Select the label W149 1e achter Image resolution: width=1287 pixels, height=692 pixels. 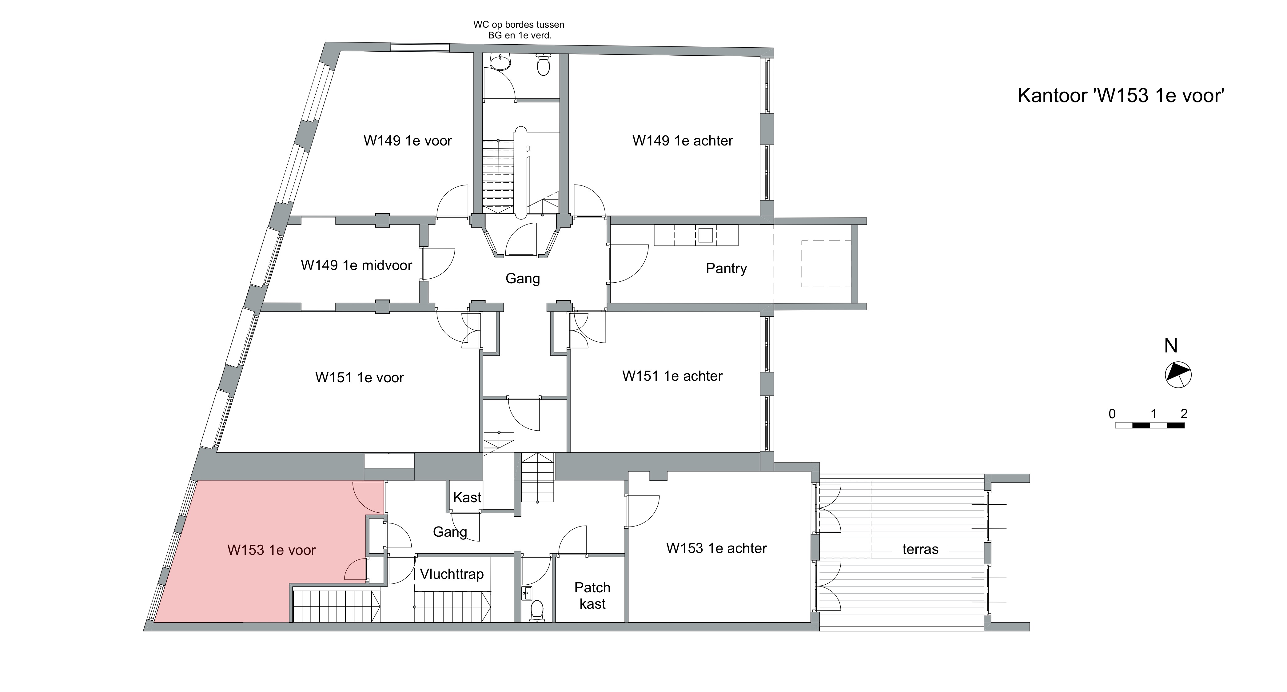tap(683, 141)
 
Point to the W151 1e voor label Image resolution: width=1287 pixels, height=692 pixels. tap(359, 378)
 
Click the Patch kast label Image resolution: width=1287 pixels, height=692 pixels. tap(592, 595)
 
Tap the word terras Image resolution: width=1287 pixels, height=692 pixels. tap(920, 550)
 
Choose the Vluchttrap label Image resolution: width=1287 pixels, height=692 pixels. tap(452, 574)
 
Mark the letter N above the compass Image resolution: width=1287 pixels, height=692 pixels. tap(1171, 346)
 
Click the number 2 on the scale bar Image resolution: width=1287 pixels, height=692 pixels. tap(1184, 414)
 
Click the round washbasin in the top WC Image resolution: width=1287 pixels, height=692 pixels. tap(500, 62)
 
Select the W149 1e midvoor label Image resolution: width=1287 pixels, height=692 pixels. tap(356, 265)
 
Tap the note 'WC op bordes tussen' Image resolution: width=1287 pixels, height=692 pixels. tap(519, 25)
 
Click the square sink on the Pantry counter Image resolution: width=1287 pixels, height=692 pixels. tap(705, 235)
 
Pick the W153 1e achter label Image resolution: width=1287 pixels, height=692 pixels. tap(716, 549)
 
